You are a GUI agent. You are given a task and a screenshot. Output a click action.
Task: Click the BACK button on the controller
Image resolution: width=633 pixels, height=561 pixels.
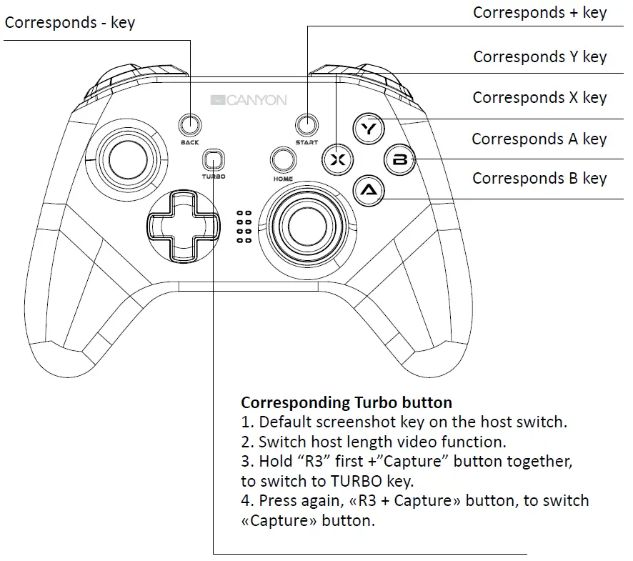(x=189, y=124)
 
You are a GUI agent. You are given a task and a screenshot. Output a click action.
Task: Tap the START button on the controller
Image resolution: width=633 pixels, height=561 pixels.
(x=306, y=124)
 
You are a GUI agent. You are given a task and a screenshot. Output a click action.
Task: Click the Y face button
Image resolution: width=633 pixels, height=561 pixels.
(x=369, y=129)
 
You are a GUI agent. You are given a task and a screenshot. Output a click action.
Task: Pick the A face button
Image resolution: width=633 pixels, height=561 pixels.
(x=369, y=190)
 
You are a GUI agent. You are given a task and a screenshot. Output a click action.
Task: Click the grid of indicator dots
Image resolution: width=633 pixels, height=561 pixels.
(x=244, y=227)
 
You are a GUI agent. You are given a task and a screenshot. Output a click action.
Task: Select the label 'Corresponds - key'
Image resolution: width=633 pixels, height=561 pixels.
(x=70, y=23)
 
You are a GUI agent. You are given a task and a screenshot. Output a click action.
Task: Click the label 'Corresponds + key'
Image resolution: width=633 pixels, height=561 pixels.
(x=539, y=12)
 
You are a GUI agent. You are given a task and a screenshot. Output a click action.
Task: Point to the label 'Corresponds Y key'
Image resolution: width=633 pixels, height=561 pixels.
(x=539, y=56)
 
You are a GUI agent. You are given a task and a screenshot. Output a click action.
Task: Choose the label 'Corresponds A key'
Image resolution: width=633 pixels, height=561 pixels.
(x=539, y=139)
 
